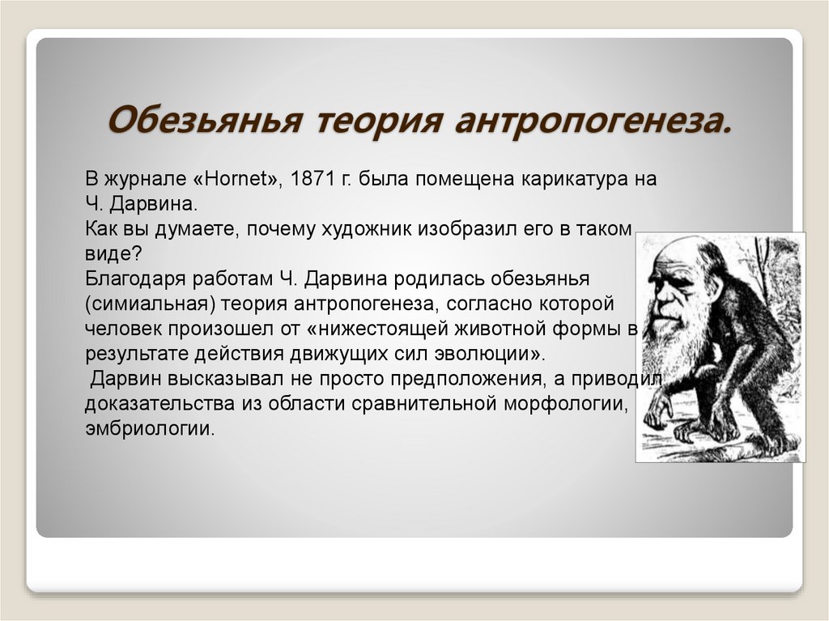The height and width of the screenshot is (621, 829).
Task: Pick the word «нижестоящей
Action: pos(387,330)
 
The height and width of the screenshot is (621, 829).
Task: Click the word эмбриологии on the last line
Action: pos(151,428)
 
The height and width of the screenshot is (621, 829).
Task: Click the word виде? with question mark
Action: pos(113,253)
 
